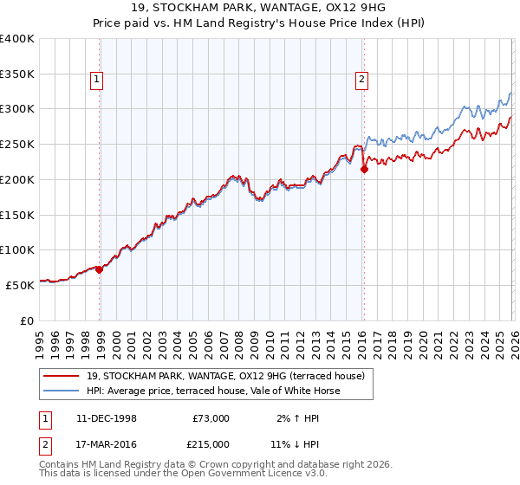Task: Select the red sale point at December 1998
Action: [x=99, y=269]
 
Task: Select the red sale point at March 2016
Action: [x=364, y=170]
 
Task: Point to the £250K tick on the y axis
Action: [x=17, y=145]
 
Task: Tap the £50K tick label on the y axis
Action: [x=19, y=285]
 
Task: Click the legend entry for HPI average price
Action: [x=212, y=391]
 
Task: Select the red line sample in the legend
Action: [x=61, y=376]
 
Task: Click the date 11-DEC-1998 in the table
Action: [x=106, y=418]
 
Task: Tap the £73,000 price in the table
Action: [x=211, y=418]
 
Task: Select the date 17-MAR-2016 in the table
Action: [x=106, y=444]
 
